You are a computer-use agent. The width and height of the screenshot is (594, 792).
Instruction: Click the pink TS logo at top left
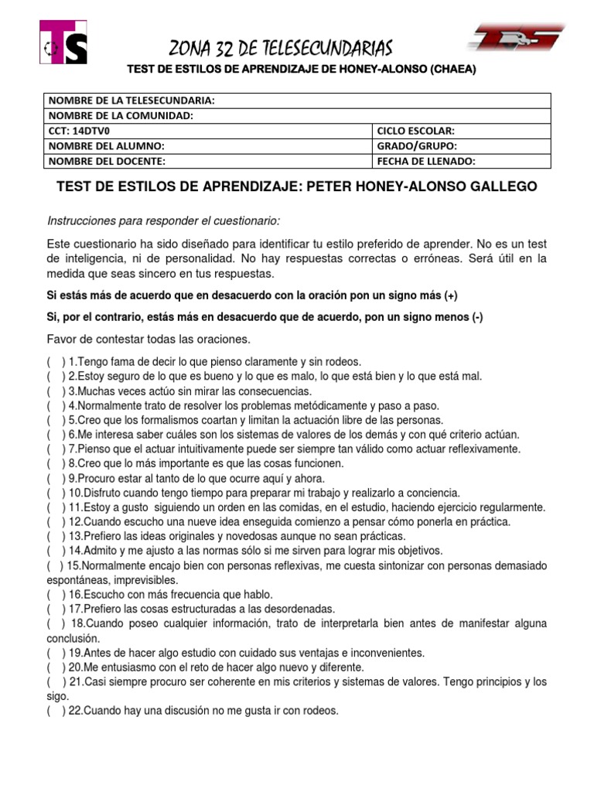[63, 42]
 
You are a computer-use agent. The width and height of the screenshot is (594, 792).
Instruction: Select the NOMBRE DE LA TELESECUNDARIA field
[297, 101]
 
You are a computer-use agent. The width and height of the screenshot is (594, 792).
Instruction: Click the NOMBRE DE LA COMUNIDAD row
[297, 115]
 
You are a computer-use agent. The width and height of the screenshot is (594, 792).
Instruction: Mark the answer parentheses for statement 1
[56, 361]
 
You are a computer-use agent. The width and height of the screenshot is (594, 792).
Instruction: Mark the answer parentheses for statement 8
[56, 463]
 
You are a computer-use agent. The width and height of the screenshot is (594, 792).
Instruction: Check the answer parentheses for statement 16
[56, 594]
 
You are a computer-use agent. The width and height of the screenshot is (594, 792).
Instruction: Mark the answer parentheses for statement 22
[56, 711]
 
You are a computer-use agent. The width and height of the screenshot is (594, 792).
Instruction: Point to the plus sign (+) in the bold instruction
[451, 296]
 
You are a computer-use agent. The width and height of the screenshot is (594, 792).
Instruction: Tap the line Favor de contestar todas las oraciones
[148, 340]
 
